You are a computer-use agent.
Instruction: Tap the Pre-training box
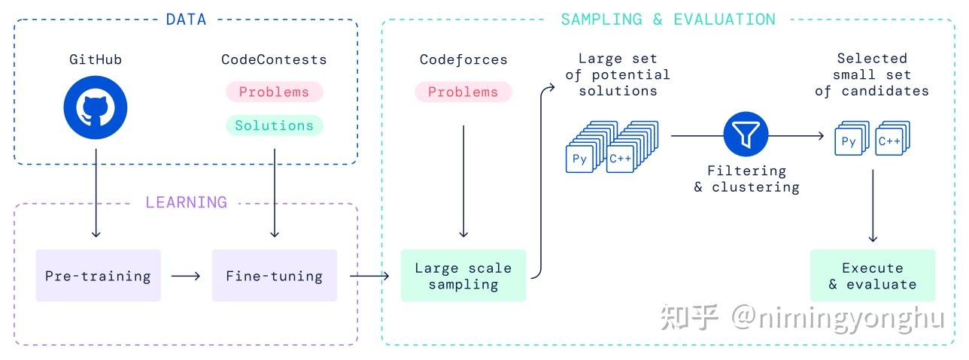(x=98, y=276)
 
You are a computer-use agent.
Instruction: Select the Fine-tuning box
(x=274, y=276)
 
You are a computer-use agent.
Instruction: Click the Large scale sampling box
(x=463, y=276)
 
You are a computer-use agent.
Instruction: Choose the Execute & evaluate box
(x=872, y=276)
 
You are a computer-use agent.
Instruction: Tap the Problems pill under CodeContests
(x=274, y=92)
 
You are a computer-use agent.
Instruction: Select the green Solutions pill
(x=274, y=126)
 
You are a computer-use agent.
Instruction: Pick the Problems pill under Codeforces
(x=463, y=92)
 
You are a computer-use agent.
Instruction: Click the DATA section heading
(x=186, y=20)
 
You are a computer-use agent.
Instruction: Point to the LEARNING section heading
(x=186, y=202)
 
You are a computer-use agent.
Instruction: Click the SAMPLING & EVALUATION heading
(x=667, y=20)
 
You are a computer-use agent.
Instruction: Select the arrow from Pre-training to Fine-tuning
(x=186, y=276)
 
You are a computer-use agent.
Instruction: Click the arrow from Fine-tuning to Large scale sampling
(x=369, y=276)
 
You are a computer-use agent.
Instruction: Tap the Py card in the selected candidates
(x=848, y=142)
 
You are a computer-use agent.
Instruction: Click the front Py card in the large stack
(x=579, y=159)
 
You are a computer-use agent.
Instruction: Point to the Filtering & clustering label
(x=746, y=179)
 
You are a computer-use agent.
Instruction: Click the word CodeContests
(x=274, y=59)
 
